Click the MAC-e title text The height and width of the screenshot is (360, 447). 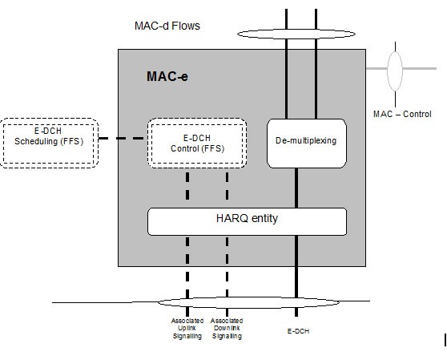167,76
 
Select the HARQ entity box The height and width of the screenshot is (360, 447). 248,221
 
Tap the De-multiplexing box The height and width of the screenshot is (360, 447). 307,144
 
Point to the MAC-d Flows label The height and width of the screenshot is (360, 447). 167,26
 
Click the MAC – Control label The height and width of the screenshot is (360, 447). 402,114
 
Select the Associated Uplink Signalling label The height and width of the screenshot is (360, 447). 187,329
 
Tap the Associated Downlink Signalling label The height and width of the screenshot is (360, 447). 227,329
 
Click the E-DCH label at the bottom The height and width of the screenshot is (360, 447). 298,331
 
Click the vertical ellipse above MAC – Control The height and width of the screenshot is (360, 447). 388,71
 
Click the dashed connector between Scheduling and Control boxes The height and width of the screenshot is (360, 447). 121,139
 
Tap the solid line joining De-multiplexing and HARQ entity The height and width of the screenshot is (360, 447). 296,188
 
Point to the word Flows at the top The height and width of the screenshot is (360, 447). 186,26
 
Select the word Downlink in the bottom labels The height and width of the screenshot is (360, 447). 227,328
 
